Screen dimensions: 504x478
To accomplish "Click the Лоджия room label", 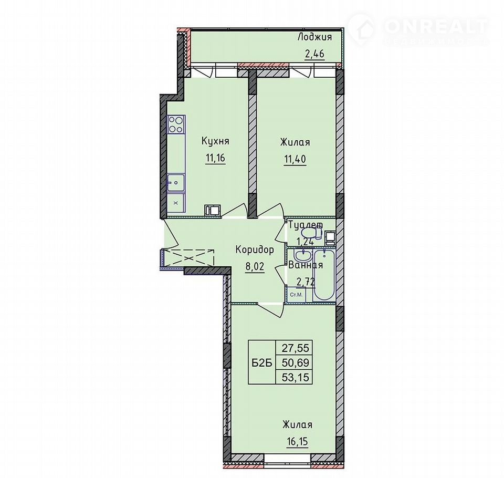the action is [x=314, y=37].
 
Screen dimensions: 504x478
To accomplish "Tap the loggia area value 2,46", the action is [x=314, y=54].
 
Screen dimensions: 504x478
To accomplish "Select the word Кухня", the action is [x=215, y=141].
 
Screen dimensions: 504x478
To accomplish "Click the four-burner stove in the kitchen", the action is [x=176, y=124].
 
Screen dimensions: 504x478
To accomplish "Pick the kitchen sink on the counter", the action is [x=175, y=183].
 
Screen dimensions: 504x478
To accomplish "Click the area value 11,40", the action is [x=295, y=159].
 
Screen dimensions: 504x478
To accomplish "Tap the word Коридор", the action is [x=255, y=250].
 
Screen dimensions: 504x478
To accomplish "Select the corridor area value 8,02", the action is [x=255, y=267].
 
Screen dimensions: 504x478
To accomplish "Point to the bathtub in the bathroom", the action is [x=324, y=275].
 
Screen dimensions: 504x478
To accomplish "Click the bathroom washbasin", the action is [x=303, y=255].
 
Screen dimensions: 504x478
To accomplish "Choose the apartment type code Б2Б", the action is [x=262, y=363].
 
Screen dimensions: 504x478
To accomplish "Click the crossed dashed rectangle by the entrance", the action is [x=188, y=257].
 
